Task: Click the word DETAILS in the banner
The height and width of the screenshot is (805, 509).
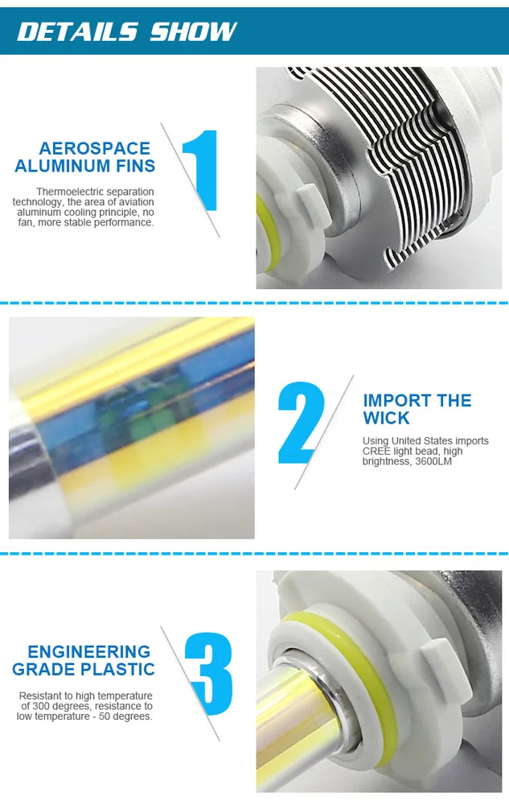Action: click(77, 31)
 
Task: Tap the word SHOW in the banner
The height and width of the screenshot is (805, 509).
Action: click(194, 31)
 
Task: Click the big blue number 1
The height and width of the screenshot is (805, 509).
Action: click(202, 170)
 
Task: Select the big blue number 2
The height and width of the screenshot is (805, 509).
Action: click(300, 423)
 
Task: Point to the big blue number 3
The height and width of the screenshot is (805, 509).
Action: click(209, 674)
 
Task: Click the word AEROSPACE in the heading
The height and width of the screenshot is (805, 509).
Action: click(95, 148)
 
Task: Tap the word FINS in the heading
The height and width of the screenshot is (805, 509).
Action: click(135, 166)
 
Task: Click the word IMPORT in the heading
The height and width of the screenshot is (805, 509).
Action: click(393, 400)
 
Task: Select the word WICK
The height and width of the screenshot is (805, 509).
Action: click(387, 418)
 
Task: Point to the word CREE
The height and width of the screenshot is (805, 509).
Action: click(376, 451)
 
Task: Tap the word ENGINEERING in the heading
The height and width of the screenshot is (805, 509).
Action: click(89, 651)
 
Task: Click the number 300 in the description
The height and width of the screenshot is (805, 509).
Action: click(41, 706)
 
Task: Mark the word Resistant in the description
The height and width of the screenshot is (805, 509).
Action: click(40, 696)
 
